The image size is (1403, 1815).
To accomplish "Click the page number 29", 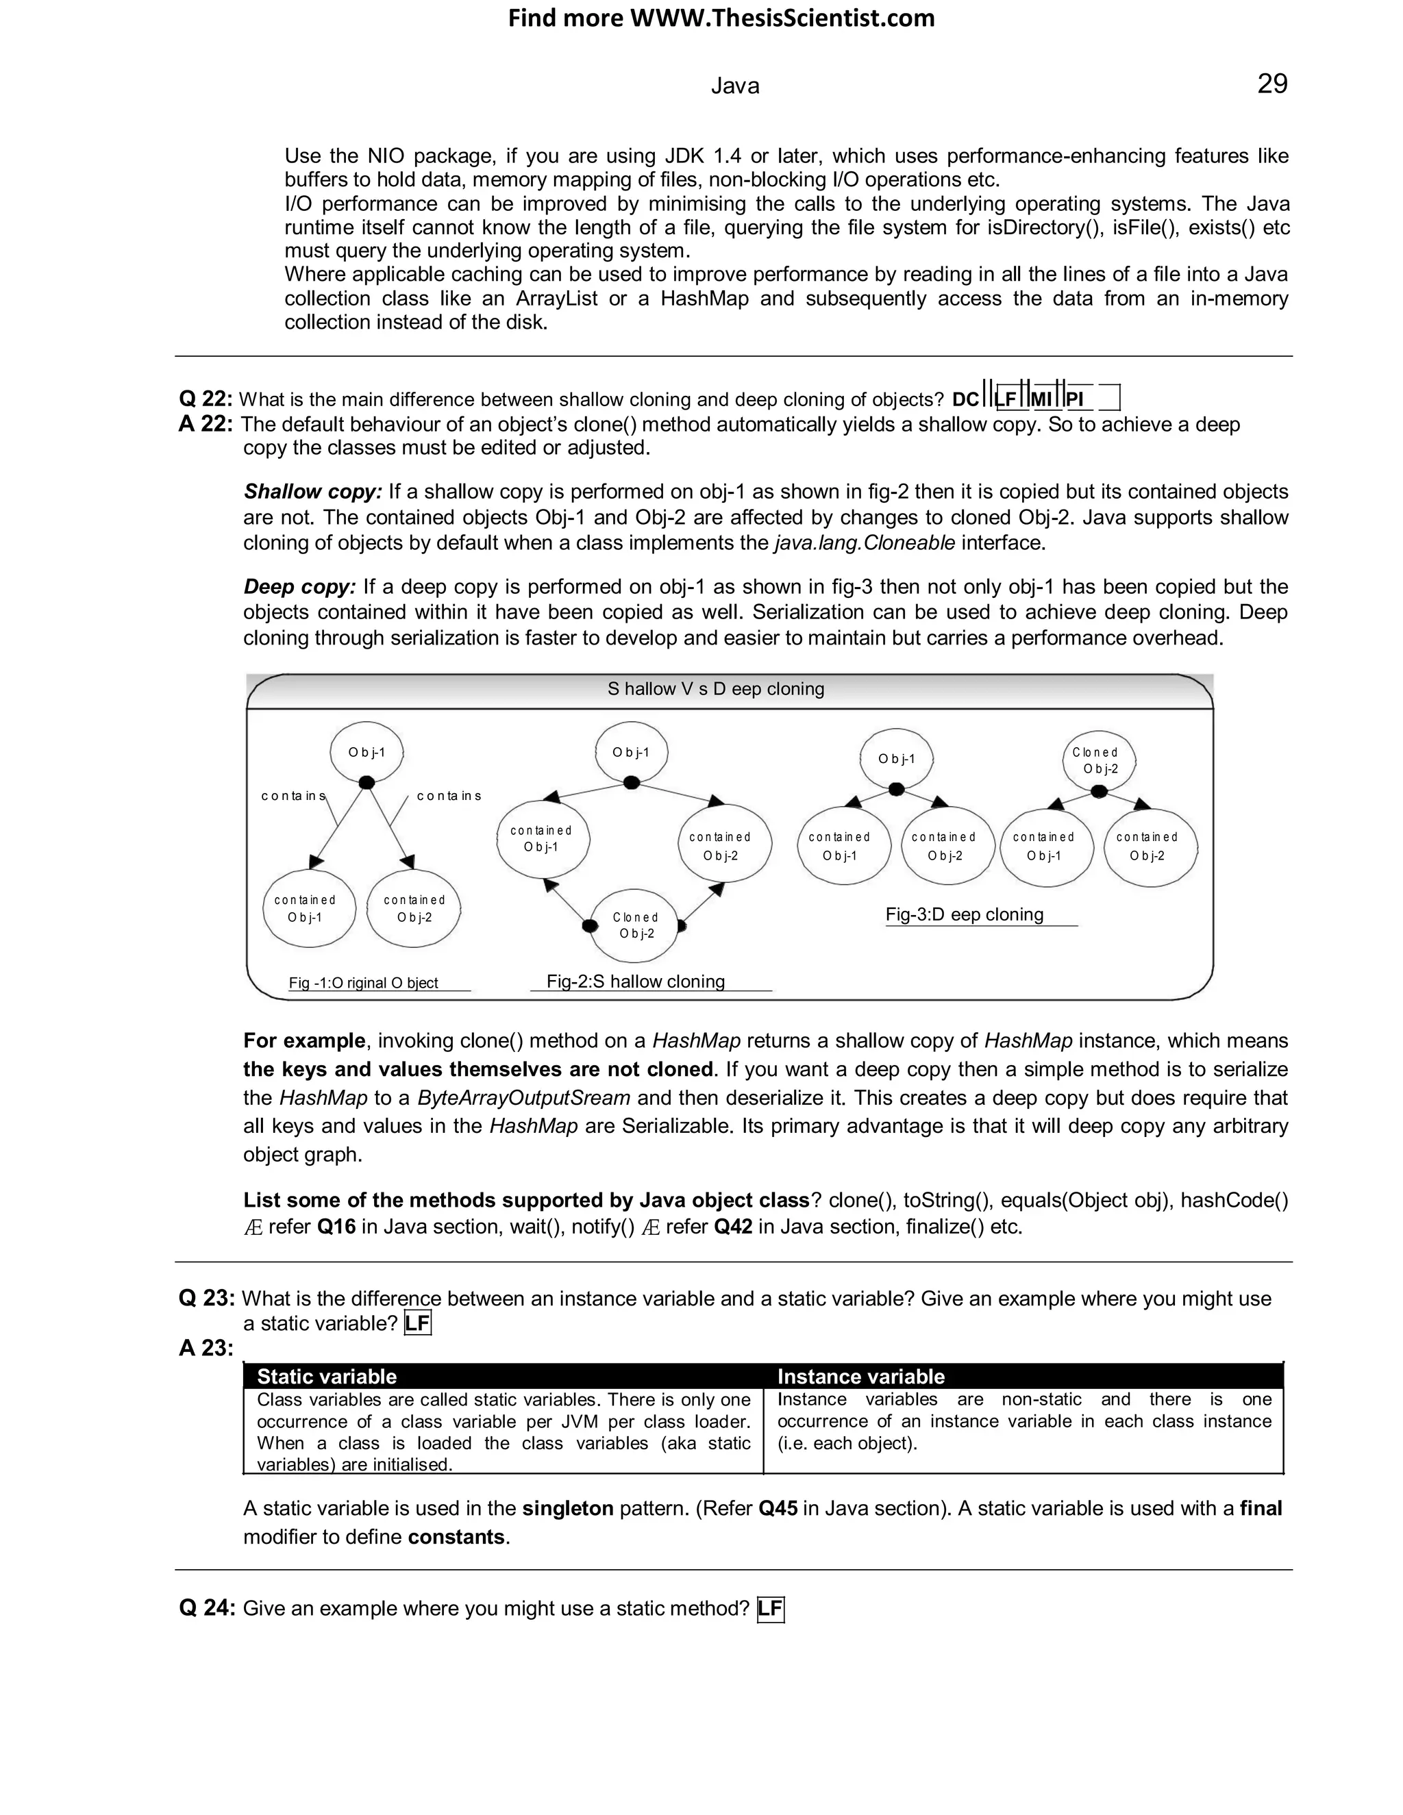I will click(1271, 84).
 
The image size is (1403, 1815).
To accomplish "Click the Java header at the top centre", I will click(735, 86).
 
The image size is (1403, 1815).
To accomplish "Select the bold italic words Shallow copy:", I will click(312, 492).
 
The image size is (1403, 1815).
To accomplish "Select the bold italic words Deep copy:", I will click(299, 587).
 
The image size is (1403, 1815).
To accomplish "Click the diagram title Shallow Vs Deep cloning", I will click(716, 689).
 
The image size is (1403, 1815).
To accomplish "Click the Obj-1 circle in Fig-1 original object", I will click(367, 752).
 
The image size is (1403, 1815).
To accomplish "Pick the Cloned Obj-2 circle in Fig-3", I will click(1099, 760).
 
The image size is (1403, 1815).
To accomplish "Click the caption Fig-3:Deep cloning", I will click(964, 914).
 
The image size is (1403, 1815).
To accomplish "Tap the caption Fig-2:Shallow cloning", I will click(635, 981).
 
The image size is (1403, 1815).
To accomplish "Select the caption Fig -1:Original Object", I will click(363, 983).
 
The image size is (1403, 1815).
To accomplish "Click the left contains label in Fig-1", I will click(293, 796).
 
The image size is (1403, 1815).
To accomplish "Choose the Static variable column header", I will click(327, 1377).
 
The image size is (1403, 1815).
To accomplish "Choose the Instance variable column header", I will click(860, 1377).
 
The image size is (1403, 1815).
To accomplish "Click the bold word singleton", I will click(568, 1508).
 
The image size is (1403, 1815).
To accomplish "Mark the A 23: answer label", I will click(206, 1348).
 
